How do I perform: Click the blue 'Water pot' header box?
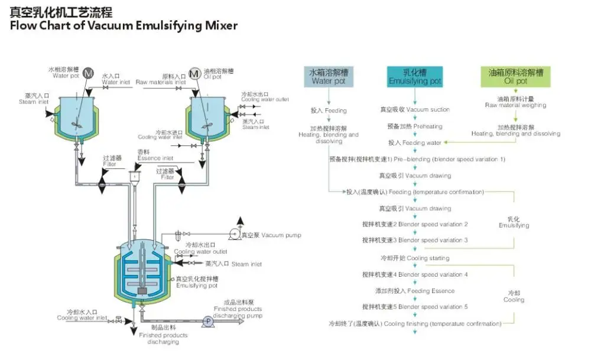[x=329, y=77]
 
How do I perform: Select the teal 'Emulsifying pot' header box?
[x=415, y=77]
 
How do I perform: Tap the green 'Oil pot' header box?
[x=515, y=77]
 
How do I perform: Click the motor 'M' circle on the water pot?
[x=88, y=74]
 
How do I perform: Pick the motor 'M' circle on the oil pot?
[x=194, y=74]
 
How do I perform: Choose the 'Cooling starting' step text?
[x=415, y=258]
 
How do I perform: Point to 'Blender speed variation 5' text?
[x=415, y=307]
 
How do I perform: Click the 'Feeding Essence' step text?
[x=415, y=291]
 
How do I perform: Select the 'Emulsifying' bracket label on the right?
[x=514, y=222]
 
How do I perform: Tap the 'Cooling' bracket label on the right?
[x=514, y=297]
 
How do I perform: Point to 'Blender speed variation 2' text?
[x=415, y=225]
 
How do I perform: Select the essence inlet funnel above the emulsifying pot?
[x=135, y=176]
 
